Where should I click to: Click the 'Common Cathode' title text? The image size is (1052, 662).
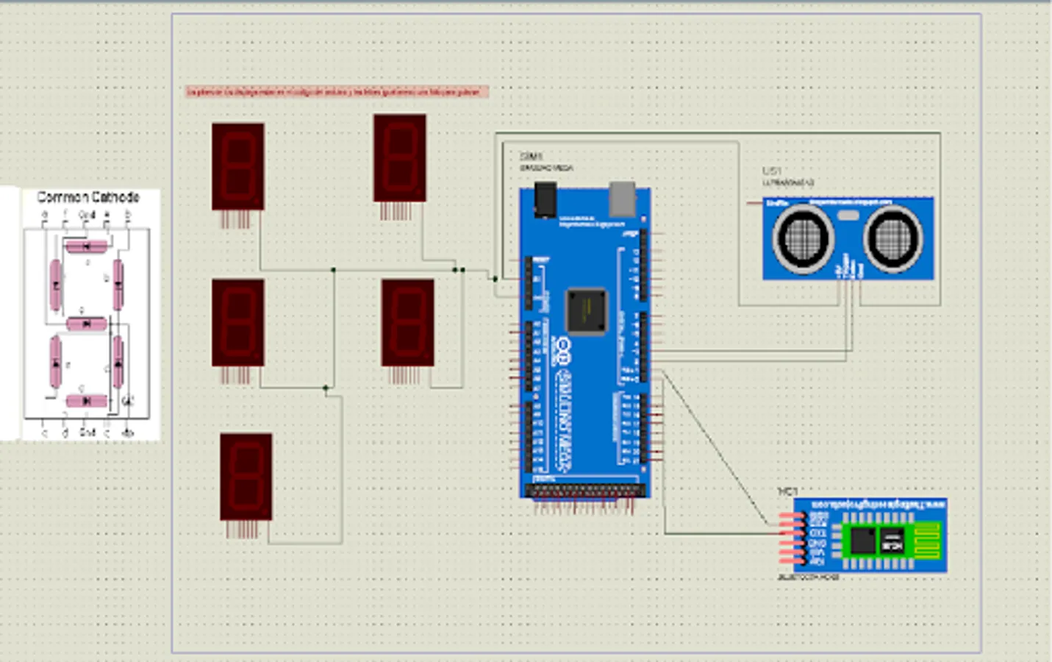88,197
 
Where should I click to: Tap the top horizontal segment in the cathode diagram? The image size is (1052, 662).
86,246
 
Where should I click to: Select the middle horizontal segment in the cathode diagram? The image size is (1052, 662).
87,324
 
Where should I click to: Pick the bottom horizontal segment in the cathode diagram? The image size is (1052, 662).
87,401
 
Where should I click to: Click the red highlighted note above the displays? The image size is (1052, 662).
337,92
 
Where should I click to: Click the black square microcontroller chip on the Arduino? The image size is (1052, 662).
586,311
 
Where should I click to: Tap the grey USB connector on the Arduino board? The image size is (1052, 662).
622,199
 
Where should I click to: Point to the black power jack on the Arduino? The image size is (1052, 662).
545,200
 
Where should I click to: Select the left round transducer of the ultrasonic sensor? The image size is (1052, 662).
802,238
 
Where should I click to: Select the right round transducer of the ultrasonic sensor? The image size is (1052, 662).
892,238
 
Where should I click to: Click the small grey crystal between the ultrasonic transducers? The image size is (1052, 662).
848,215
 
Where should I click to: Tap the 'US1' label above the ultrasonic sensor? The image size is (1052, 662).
772,171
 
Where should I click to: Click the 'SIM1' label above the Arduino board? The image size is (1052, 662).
531,157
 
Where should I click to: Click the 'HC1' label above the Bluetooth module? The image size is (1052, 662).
787,491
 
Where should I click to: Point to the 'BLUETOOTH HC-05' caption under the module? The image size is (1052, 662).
808,577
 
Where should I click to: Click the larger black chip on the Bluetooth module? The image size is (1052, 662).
863,541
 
